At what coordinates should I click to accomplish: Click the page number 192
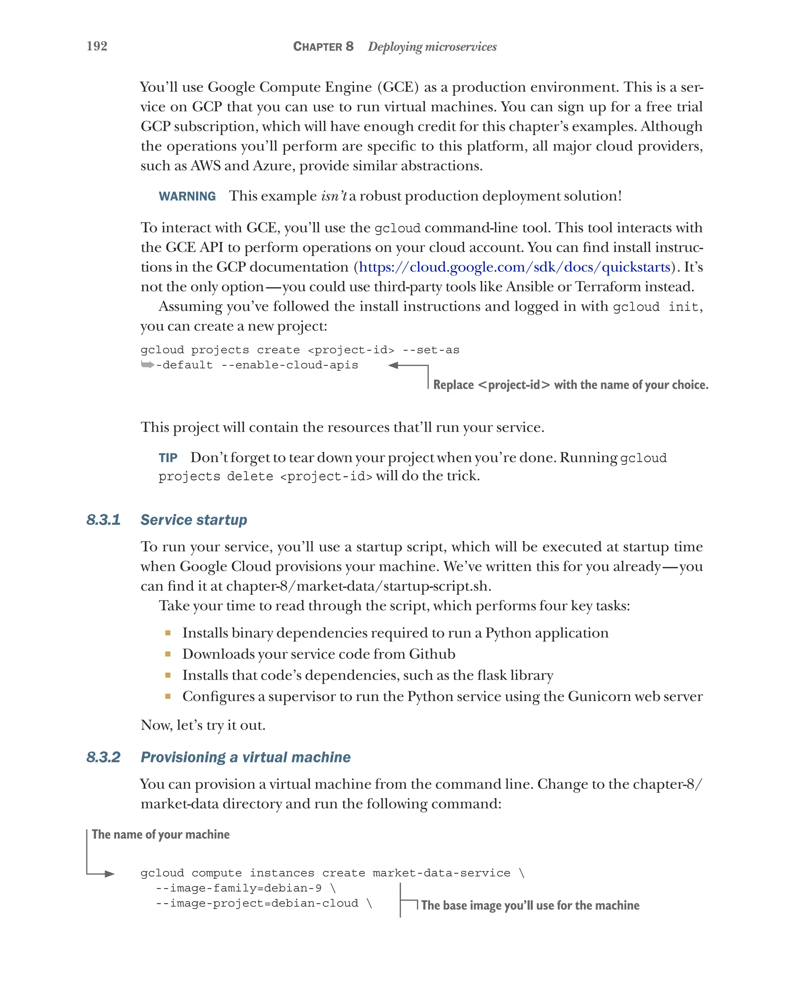97,46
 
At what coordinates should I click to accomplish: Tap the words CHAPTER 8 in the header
323,46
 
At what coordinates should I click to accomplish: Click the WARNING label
187,196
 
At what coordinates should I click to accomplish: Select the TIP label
168,458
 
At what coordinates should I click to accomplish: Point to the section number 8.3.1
103,520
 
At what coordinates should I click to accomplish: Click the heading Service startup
193,520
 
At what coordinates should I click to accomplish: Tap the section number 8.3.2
103,757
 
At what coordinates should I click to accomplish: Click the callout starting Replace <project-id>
570,385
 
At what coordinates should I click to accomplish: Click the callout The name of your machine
160,834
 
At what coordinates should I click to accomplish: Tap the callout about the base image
530,905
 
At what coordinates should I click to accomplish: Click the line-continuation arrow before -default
147,365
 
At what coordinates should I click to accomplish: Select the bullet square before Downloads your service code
168,654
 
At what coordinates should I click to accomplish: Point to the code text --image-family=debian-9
238,888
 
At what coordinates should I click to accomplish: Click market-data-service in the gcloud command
441,873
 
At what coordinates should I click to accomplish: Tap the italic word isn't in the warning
334,196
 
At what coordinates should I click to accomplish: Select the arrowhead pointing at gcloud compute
110,873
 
